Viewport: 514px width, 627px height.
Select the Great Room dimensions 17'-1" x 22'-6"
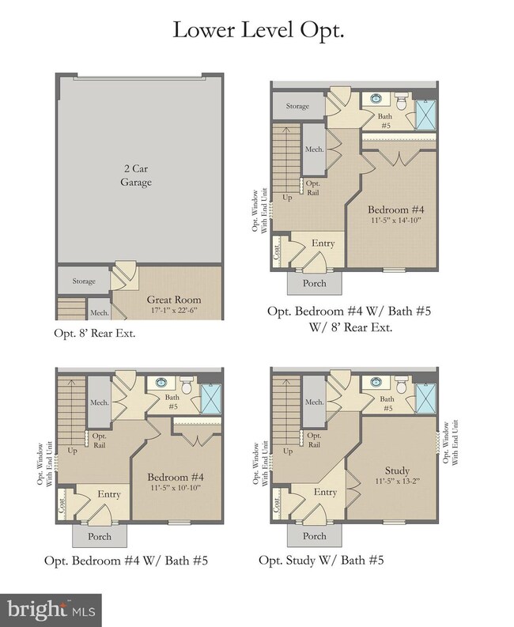pos(174,310)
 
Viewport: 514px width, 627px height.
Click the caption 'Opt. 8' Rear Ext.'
pos(95,333)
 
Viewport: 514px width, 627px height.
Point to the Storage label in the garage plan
pos(84,281)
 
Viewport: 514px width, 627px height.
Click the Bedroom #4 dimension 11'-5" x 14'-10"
pos(396,221)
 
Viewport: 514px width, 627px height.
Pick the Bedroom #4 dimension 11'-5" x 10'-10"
pos(176,488)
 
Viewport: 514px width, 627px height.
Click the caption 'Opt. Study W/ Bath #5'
pos(321,560)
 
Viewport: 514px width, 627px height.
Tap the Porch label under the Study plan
pos(315,536)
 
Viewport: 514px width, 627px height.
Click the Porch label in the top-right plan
pos(315,283)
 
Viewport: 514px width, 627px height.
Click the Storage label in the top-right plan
pos(297,105)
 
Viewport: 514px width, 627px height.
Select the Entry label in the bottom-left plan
pos(108,494)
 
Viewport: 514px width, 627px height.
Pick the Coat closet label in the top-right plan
pos(275,251)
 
